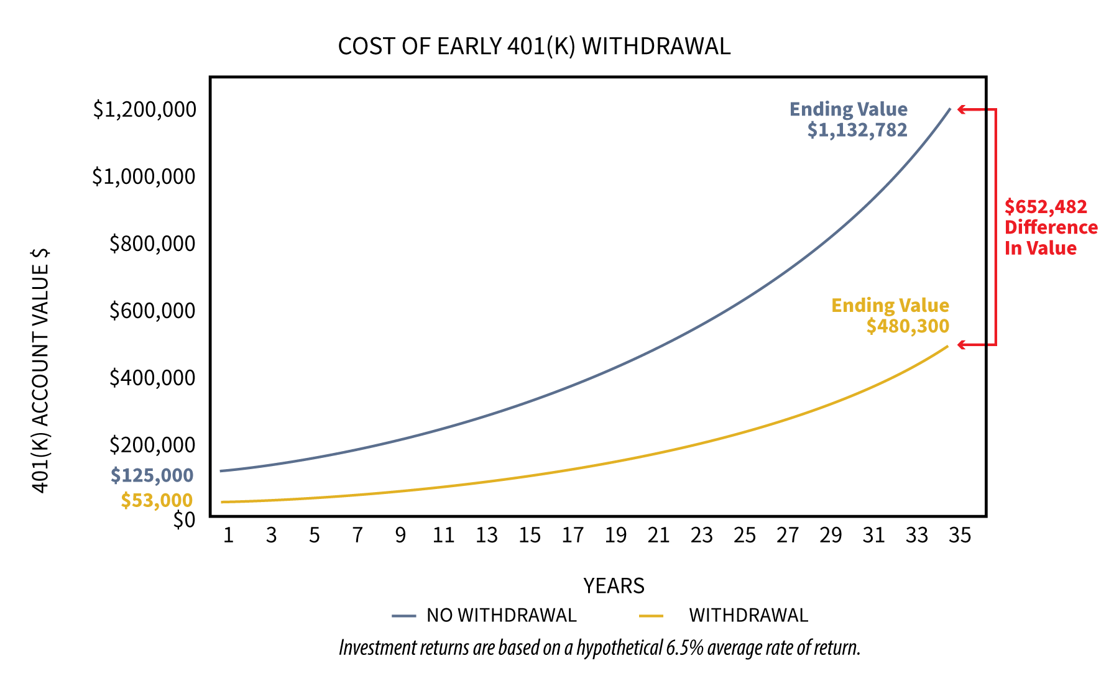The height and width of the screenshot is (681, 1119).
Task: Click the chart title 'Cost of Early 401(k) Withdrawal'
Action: (x=534, y=47)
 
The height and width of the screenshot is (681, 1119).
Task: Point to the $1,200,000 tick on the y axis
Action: (x=144, y=109)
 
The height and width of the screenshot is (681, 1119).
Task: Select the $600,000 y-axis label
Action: (x=152, y=310)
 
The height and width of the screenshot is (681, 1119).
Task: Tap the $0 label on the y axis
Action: (x=184, y=519)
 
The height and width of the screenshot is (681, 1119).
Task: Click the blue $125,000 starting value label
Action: (x=152, y=475)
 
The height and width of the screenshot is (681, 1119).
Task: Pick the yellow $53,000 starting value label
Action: (x=157, y=500)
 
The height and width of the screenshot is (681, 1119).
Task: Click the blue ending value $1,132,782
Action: (x=857, y=130)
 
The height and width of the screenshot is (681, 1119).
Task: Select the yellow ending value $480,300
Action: (x=908, y=326)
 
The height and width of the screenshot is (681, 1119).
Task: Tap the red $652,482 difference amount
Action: (x=1046, y=207)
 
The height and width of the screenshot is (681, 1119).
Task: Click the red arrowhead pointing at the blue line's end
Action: (x=961, y=109)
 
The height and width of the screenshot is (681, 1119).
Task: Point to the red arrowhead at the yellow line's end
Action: (x=961, y=344)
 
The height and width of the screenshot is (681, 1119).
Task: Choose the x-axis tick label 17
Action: (x=573, y=535)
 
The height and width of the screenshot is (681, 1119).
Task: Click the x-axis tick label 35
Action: (x=959, y=535)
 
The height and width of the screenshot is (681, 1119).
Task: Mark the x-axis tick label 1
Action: (x=228, y=535)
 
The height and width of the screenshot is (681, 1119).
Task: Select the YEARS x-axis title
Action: (x=614, y=586)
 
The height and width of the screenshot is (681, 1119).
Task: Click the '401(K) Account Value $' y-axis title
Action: (x=40, y=371)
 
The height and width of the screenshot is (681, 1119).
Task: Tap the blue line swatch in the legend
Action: (x=403, y=616)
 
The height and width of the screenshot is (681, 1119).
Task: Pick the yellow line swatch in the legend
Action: (x=652, y=616)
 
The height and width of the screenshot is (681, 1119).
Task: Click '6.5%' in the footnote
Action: (x=684, y=648)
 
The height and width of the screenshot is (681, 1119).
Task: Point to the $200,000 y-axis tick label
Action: (x=152, y=445)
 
